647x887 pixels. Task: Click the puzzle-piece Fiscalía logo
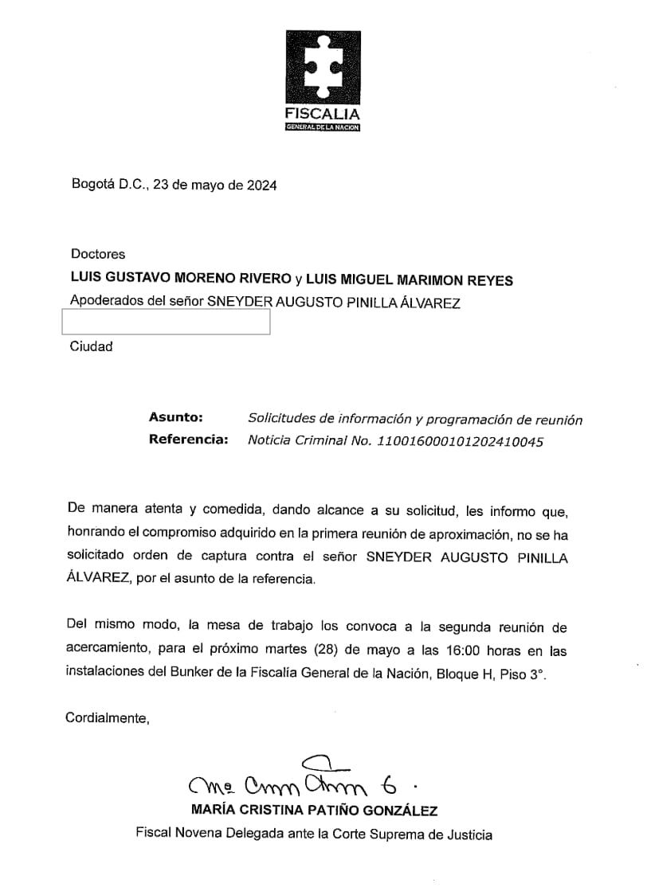[323, 68]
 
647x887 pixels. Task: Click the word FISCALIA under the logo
[323, 114]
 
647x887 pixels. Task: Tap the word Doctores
[98, 254]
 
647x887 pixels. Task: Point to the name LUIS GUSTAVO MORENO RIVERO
[180, 279]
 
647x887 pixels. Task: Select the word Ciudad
[92, 346]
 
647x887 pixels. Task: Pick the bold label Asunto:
[175, 417]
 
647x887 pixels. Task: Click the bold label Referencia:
[188, 440]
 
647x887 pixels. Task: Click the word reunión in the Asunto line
[558, 419]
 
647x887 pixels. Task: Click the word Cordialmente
[108, 718]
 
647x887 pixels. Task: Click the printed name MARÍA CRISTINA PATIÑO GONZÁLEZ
[315, 811]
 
